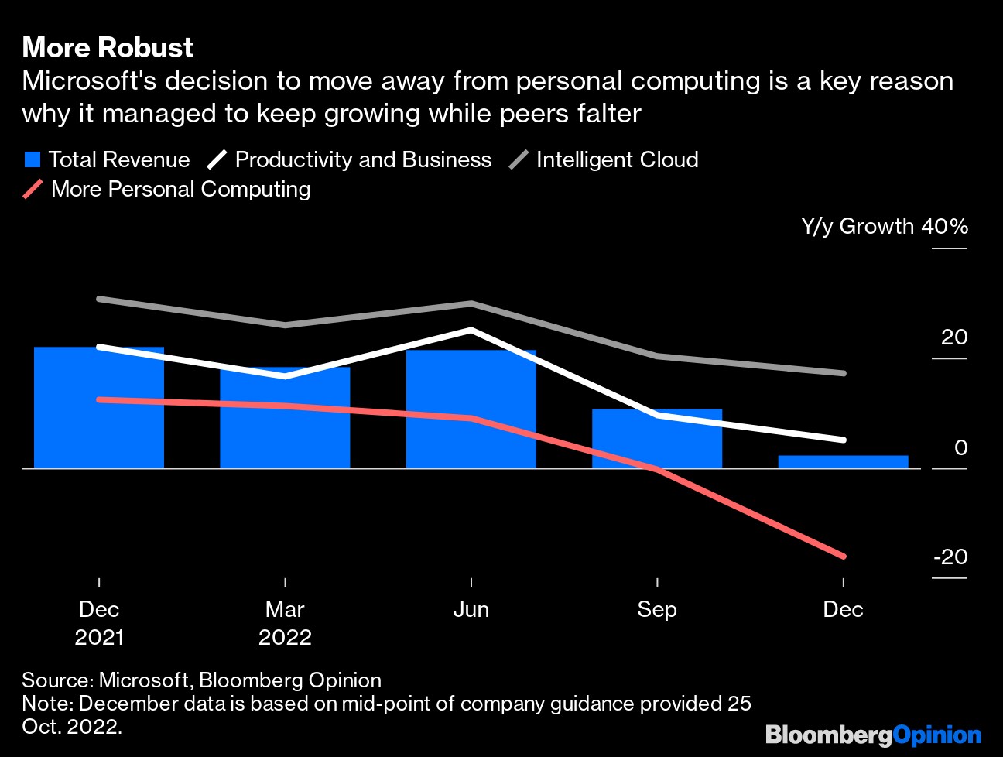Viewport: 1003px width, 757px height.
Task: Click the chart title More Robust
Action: coord(108,48)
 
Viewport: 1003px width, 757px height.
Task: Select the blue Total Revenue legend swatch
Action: coord(33,160)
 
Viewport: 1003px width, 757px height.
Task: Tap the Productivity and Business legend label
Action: coord(363,160)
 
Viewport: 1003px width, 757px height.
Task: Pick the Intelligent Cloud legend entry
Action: coord(617,160)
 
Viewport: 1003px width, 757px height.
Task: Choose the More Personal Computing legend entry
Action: coord(180,190)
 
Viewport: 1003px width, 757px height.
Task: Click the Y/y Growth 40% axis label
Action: coord(884,227)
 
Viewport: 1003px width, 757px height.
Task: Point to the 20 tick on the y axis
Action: coord(954,337)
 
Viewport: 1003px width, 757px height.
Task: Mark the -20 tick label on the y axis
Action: coord(950,557)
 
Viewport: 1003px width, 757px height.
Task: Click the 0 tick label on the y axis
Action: coord(960,447)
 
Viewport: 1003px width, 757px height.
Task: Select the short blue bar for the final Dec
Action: coord(843,462)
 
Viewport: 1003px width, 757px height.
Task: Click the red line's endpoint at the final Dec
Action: coord(843,556)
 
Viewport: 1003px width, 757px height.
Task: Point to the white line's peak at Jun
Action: coord(471,330)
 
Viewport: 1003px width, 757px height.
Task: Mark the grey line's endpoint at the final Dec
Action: coord(843,373)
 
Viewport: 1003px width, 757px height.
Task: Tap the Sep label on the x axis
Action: coord(657,610)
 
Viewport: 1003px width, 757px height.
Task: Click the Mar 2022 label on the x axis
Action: coord(285,623)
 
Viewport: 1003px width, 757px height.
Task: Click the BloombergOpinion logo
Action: coord(873,735)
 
